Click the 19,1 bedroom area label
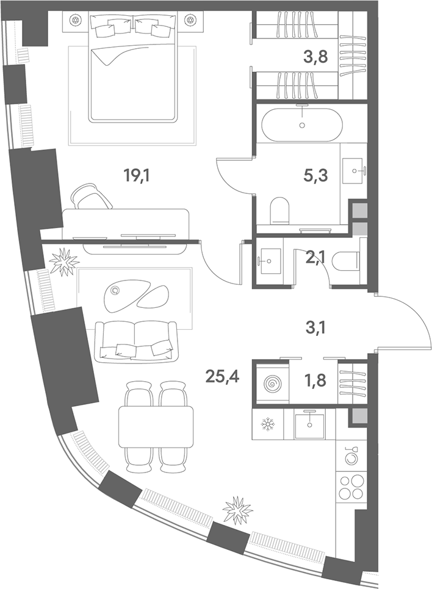point(137,175)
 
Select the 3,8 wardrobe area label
point(315,57)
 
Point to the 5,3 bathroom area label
point(315,175)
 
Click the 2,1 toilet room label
point(316,259)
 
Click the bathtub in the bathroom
point(301,122)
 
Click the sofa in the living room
point(135,342)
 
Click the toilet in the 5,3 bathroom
point(279,210)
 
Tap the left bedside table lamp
point(76,20)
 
